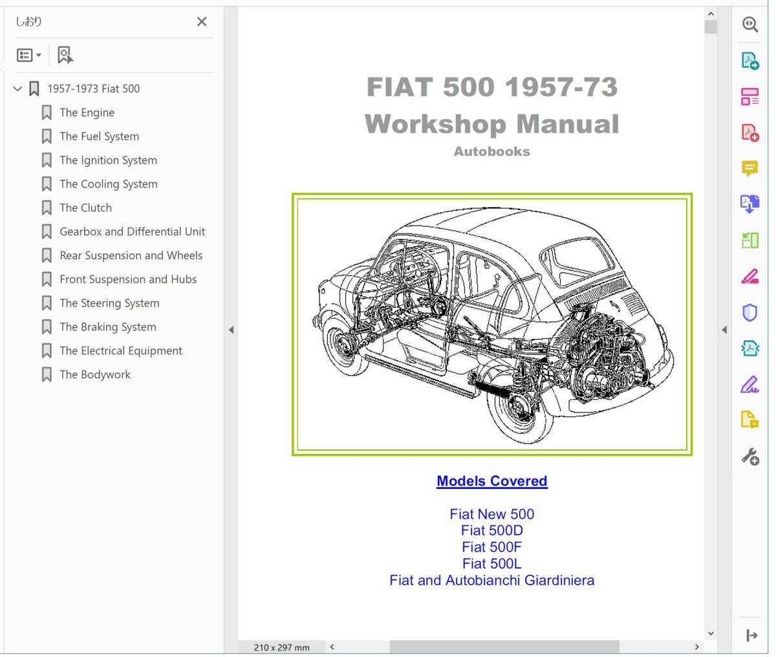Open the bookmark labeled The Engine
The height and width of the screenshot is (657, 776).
(x=87, y=113)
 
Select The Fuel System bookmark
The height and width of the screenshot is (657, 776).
(x=99, y=136)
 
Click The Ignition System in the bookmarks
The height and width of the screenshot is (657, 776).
(x=108, y=160)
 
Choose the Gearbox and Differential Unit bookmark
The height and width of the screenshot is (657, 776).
(x=132, y=232)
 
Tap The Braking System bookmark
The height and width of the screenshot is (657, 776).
(x=108, y=327)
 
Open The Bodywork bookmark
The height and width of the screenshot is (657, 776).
(x=95, y=374)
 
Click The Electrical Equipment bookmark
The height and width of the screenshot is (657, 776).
(x=121, y=350)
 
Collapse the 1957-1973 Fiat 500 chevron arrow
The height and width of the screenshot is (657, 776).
(x=17, y=89)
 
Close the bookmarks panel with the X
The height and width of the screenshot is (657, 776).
(x=202, y=22)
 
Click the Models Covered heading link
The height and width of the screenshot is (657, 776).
(x=492, y=481)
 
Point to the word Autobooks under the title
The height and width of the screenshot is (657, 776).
(x=492, y=151)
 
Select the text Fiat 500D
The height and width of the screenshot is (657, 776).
(x=492, y=530)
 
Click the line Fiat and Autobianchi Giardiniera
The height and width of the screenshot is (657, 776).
(x=492, y=581)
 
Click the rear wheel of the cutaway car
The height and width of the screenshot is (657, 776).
(x=520, y=409)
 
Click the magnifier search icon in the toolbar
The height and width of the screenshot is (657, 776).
(x=750, y=25)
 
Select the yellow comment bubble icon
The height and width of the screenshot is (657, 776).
(x=749, y=169)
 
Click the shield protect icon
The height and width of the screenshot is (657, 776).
(x=749, y=313)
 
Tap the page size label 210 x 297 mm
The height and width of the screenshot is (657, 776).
(x=281, y=647)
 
